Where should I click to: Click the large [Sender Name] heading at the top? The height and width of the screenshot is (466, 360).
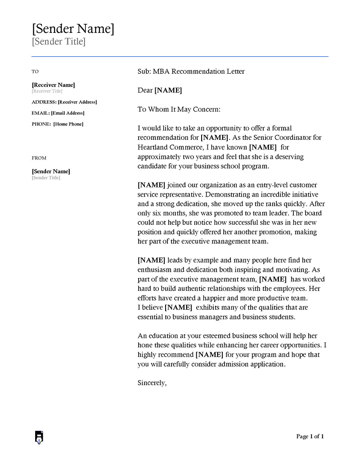(x=73, y=29)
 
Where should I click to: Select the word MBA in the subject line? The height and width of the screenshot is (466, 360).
(x=161, y=72)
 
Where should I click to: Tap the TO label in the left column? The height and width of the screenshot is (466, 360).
(x=35, y=72)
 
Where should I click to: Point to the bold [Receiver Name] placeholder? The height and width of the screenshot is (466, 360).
(x=53, y=85)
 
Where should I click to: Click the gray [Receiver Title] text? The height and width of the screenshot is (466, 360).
(x=47, y=91)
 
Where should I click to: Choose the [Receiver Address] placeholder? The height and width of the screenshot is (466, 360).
(x=77, y=102)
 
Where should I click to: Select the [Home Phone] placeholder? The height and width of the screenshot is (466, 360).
(x=68, y=124)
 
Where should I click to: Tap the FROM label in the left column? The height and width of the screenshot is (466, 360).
(x=39, y=158)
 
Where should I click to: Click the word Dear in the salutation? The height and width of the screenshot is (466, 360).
(x=145, y=90)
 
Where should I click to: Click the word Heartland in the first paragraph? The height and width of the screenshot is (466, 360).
(x=153, y=147)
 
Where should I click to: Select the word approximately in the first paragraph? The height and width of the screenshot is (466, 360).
(x=159, y=157)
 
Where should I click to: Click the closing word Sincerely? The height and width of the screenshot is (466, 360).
(x=152, y=383)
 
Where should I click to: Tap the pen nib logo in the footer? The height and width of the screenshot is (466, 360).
(x=39, y=437)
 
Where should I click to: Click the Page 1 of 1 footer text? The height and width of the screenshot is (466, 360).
(x=310, y=436)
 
